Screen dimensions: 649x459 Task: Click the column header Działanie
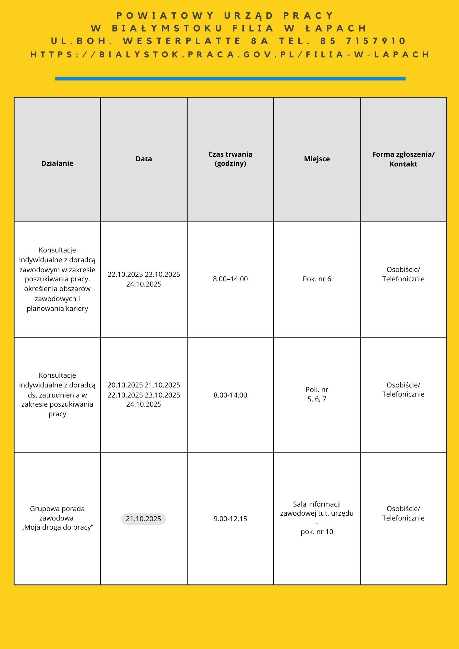57,163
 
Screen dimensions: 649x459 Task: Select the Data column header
144,159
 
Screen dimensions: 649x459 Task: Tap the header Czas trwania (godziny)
230,159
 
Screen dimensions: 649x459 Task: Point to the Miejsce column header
317,159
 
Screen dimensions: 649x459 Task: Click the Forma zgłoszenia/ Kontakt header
403,159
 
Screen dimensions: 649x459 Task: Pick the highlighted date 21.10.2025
143,519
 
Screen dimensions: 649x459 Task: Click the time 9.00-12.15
230,519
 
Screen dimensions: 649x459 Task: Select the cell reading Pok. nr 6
317,279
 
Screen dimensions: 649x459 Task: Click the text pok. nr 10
317,532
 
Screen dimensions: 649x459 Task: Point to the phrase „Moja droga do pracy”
57,527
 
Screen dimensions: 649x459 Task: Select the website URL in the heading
230,54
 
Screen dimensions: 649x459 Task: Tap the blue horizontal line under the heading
230,78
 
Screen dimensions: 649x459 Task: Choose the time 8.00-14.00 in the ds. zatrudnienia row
230,395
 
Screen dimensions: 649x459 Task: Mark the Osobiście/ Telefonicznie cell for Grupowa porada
403,513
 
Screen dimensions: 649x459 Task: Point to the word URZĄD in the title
249,16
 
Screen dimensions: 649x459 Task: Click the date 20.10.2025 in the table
125,385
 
